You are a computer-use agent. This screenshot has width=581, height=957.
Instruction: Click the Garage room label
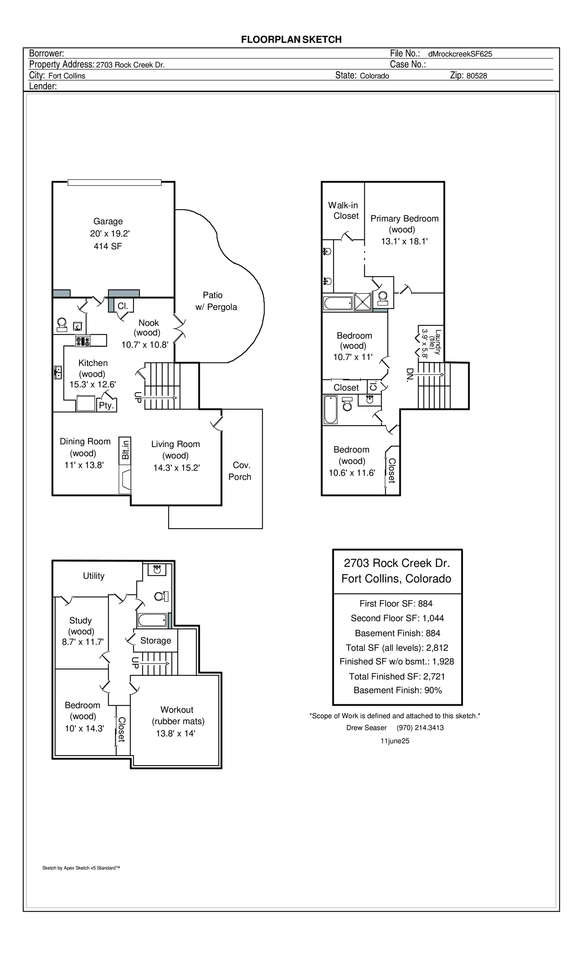pyautogui.click(x=107, y=222)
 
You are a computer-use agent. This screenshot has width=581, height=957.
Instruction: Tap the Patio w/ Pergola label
pyautogui.click(x=216, y=301)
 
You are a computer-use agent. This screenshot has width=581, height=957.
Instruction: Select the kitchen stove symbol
pyautogui.click(x=83, y=341)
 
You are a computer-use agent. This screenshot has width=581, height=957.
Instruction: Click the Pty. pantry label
pyautogui.click(x=106, y=405)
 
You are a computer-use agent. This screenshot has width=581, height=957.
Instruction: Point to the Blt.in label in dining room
pyautogui.click(x=125, y=449)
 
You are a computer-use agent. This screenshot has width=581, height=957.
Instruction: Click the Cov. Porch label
pyautogui.click(x=240, y=471)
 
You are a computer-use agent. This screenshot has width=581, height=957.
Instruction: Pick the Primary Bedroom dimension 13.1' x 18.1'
pyautogui.click(x=404, y=241)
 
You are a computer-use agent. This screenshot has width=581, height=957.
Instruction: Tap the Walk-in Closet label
pyautogui.click(x=343, y=211)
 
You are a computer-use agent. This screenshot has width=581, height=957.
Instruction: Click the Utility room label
pyautogui.click(x=94, y=576)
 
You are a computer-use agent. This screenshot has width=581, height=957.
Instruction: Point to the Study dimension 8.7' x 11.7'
pyautogui.click(x=83, y=642)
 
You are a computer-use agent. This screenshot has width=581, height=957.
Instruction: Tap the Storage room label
pyautogui.click(x=155, y=640)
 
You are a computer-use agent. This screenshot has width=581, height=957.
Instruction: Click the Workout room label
pyautogui.click(x=177, y=710)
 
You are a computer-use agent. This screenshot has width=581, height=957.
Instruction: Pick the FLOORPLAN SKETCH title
pyautogui.click(x=291, y=40)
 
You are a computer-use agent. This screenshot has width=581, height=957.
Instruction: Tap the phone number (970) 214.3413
pyautogui.click(x=420, y=727)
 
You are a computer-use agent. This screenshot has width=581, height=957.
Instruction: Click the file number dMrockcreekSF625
pyautogui.click(x=460, y=54)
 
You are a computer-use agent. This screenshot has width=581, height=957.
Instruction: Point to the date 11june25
pyautogui.click(x=395, y=741)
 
